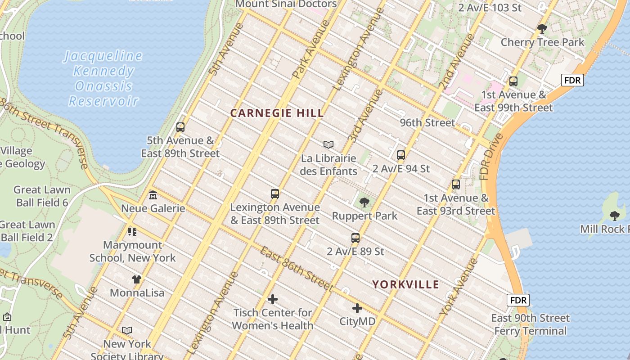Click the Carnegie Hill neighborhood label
click(277, 113)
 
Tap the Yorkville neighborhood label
click(405, 284)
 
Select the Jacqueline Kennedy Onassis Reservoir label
click(103, 78)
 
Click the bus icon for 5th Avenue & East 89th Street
click(180, 127)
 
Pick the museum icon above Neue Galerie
click(153, 195)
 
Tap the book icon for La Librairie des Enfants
click(328, 144)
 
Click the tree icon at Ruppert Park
click(364, 202)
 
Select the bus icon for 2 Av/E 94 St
click(401, 155)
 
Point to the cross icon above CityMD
click(357, 308)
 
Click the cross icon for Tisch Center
click(273, 299)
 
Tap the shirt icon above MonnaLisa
click(137, 279)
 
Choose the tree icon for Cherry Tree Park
click(542, 29)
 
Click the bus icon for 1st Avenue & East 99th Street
click(513, 81)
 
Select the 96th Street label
click(427, 122)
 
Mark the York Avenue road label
click(459, 286)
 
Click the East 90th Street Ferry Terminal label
click(530, 324)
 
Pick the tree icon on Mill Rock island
click(614, 216)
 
